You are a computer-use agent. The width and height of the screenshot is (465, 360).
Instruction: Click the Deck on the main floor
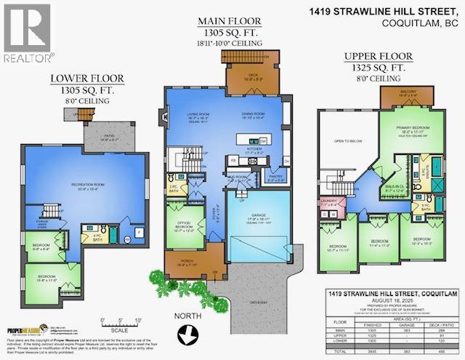pyautogui.click(x=240, y=71)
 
